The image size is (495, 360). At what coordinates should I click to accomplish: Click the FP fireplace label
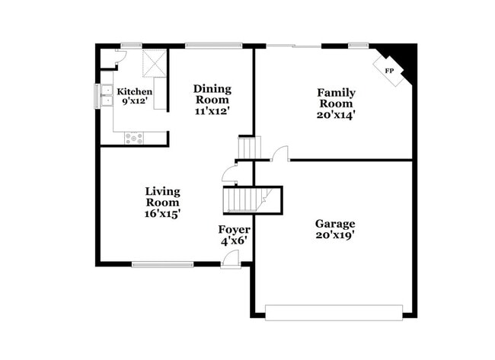[x=389, y=71]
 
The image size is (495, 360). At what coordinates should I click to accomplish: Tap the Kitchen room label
[x=135, y=92]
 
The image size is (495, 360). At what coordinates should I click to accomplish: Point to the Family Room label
[x=336, y=98]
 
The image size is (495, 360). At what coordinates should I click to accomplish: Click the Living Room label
[x=162, y=197]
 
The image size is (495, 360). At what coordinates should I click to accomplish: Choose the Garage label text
[x=335, y=224]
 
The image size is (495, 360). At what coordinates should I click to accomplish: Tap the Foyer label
[x=235, y=229]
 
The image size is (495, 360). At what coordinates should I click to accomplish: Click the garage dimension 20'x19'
[x=335, y=236]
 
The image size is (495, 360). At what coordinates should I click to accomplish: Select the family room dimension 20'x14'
[x=336, y=116]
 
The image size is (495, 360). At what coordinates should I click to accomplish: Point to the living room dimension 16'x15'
[x=162, y=215]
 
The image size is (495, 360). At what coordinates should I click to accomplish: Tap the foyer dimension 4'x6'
[x=235, y=241]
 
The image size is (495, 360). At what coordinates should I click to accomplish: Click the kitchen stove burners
[x=134, y=138]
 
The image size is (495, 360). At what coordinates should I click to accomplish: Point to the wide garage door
[x=334, y=312]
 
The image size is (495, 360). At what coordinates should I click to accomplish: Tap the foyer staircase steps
[x=243, y=199]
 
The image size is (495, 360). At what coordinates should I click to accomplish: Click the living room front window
[x=162, y=265]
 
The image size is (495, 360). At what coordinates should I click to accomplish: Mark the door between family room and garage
[x=280, y=155]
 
